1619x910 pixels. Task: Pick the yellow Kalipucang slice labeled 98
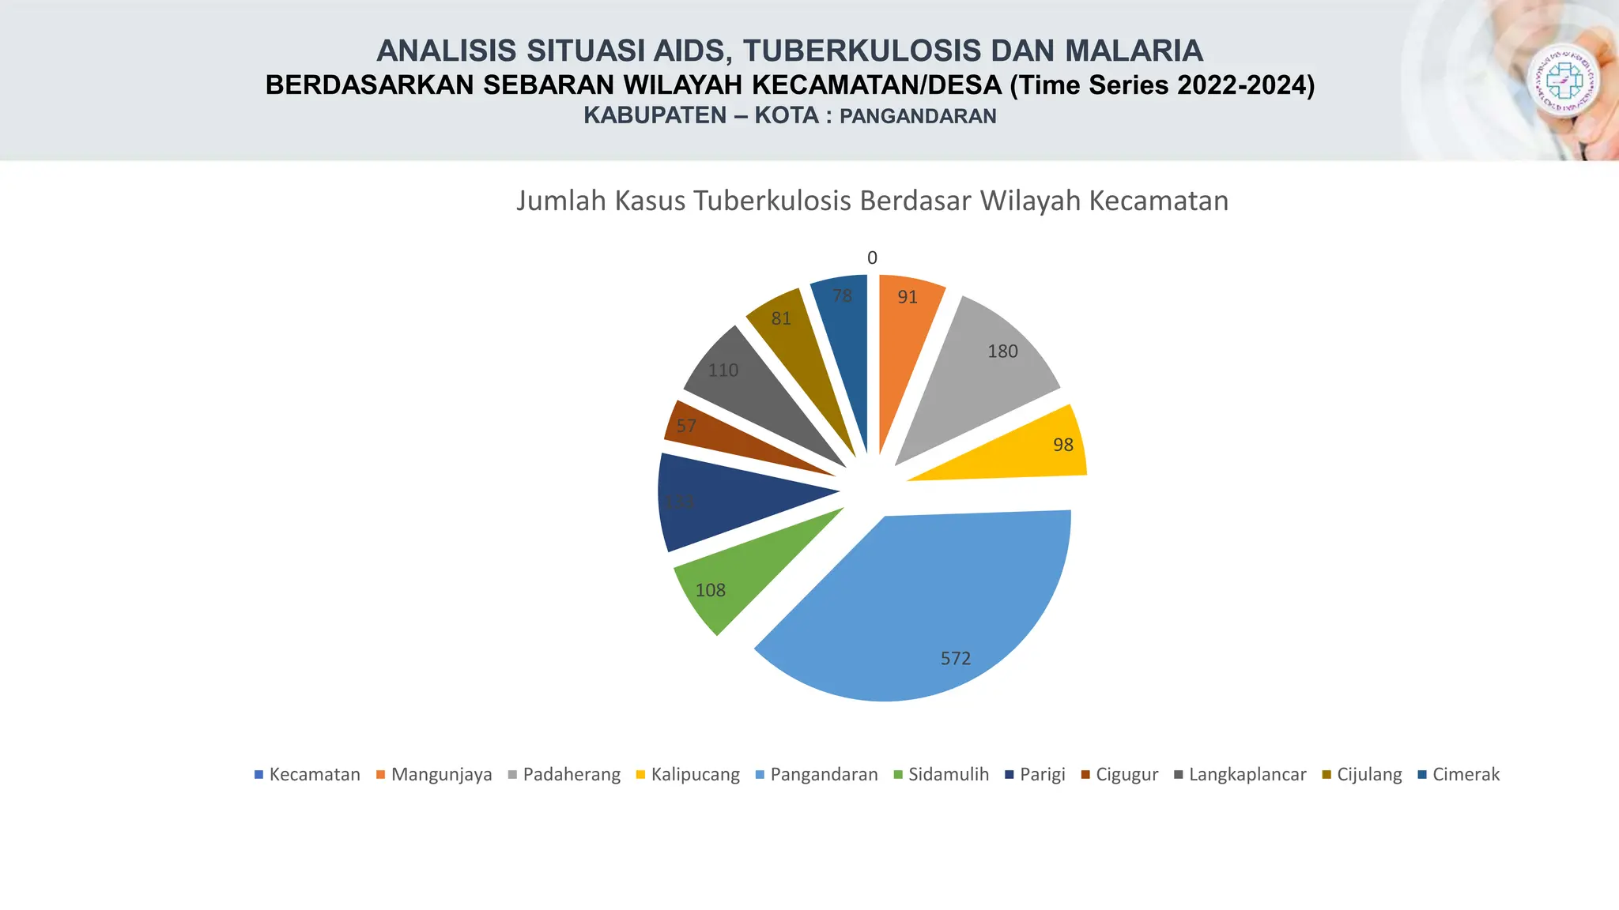pyautogui.click(x=1028, y=454)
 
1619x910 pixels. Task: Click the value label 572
pyautogui.click(x=955, y=658)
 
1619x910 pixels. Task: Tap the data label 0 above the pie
pyautogui.click(x=872, y=258)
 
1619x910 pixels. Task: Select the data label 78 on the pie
pyautogui.click(x=843, y=295)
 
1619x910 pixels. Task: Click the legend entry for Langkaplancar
pyautogui.click(x=1247, y=774)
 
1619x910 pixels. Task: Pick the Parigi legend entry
pyautogui.click(x=1042, y=774)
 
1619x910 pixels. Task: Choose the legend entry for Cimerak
pyautogui.click(x=1465, y=774)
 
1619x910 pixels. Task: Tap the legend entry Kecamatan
pyautogui.click(x=314, y=774)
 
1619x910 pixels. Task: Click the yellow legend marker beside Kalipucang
pyautogui.click(x=640, y=774)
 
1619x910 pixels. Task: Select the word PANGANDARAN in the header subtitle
pyautogui.click(x=917, y=116)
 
